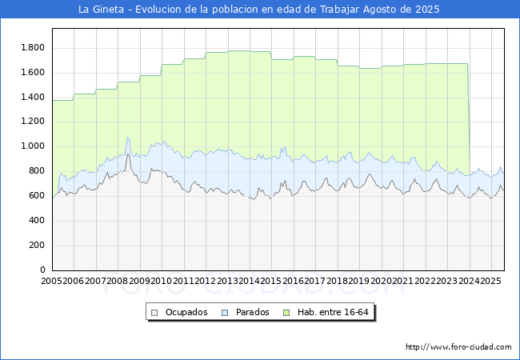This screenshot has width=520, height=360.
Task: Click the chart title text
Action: pos(259,10)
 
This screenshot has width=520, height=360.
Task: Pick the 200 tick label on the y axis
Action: pos(37,246)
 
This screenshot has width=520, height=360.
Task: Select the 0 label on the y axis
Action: pos(43,270)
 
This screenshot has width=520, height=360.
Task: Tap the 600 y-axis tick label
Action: pos(37,196)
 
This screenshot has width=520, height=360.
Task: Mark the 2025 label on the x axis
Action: pos(491,282)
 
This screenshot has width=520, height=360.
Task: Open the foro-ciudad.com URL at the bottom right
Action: pos(458,347)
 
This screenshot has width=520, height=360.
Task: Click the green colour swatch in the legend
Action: pos(290,312)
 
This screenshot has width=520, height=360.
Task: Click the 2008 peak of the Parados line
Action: pos(128,138)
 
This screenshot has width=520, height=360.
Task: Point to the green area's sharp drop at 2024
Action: pos(468,120)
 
